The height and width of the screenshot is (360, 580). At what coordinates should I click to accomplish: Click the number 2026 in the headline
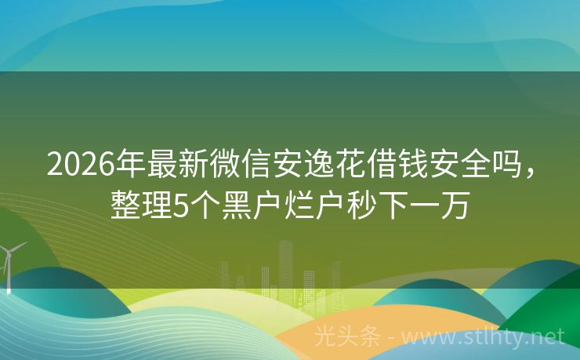[78, 164]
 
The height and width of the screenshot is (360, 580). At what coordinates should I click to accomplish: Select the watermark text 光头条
[346, 336]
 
